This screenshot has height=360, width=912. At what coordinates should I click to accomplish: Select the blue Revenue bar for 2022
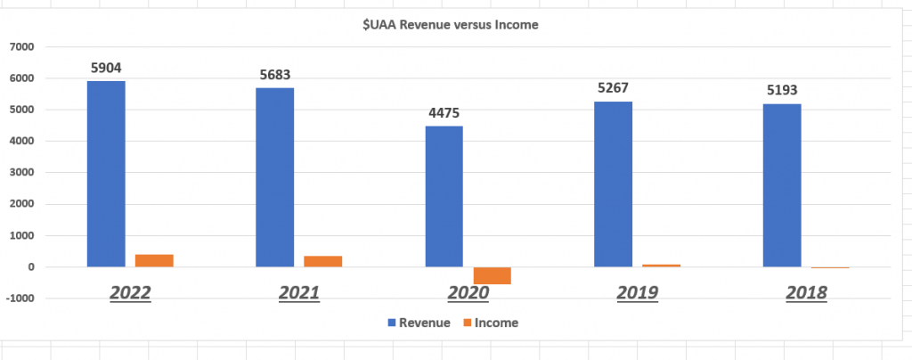click(106, 174)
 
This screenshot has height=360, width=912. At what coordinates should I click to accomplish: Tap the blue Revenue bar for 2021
click(275, 177)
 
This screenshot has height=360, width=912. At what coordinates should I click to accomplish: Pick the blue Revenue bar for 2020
click(444, 196)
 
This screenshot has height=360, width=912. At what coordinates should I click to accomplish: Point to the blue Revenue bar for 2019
click(613, 184)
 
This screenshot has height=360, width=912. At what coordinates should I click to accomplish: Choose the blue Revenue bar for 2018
click(782, 185)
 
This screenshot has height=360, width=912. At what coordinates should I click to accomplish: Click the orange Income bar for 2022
click(155, 260)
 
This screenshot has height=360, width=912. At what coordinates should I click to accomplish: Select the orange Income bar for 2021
click(323, 261)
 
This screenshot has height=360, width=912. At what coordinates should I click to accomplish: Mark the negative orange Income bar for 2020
click(493, 275)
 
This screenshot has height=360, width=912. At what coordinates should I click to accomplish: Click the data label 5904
click(106, 66)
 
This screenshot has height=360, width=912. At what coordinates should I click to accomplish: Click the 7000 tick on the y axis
click(20, 46)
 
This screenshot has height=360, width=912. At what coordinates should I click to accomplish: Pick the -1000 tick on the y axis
click(19, 299)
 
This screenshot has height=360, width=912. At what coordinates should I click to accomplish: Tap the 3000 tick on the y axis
click(20, 173)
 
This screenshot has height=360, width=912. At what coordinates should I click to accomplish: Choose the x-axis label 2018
click(806, 292)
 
